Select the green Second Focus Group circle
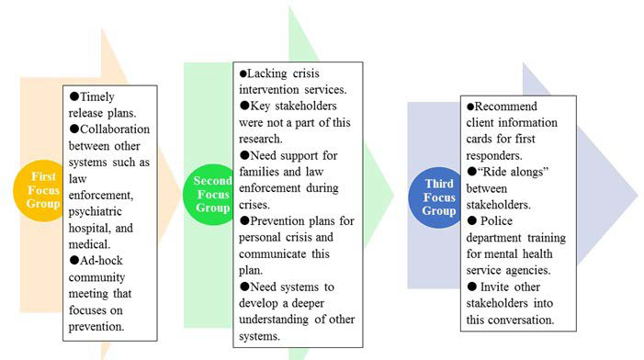pos(212,194)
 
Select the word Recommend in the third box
pos(508,106)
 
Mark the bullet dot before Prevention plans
pos(243,221)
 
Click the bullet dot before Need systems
pos(243,287)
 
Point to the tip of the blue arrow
pos(636,195)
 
